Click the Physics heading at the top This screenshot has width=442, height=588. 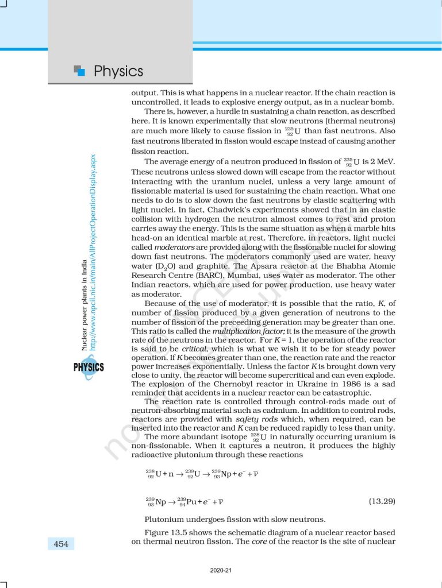118,71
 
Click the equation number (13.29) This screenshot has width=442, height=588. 381,501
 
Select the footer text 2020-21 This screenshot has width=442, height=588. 221,570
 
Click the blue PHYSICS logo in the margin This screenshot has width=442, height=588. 88,366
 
